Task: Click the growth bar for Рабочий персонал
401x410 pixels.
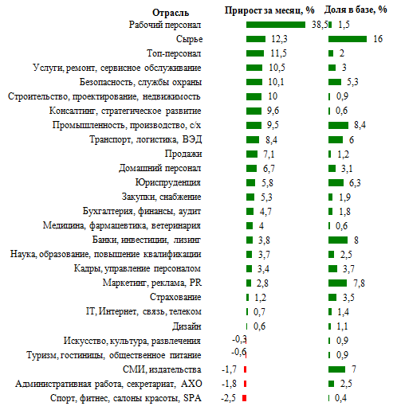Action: pyautogui.click(x=276, y=25)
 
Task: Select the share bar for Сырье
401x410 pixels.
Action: pyautogui.click(x=348, y=39)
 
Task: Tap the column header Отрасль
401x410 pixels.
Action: pyautogui.click(x=171, y=13)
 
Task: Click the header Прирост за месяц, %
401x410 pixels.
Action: pyautogui.click(x=269, y=10)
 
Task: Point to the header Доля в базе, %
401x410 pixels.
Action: pyautogui.click(x=356, y=10)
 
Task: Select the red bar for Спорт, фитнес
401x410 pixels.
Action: pyautogui.click(x=245, y=398)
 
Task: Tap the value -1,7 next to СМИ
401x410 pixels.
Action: pyautogui.click(x=229, y=369)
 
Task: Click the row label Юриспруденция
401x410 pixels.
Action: pyautogui.click(x=168, y=182)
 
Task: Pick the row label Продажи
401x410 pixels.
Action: pyautogui.click(x=183, y=154)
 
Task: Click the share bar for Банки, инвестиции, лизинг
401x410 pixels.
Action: pyautogui.click(x=338, y=240)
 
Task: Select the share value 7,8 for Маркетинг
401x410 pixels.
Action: pyautogui.click(x=359, y=283)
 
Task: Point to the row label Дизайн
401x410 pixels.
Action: pyautogui.click(x=187, y=326)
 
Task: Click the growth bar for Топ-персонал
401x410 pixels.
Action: pyautogui.click(x=255, y=53)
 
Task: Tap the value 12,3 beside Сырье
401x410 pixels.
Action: pyautogui.click(x=279, y=39)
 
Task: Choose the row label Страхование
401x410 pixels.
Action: pyautogui.click(x=175, y=297)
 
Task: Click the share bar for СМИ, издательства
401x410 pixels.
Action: pyautogui.click(x=336, y=369)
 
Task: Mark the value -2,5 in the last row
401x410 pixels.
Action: pyautogui.click(x=228, y=398)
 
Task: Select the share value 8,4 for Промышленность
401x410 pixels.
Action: pyautogui.click(x=360, y=125)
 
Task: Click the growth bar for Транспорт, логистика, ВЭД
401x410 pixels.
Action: pyautogui.click(x=253, y=139)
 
